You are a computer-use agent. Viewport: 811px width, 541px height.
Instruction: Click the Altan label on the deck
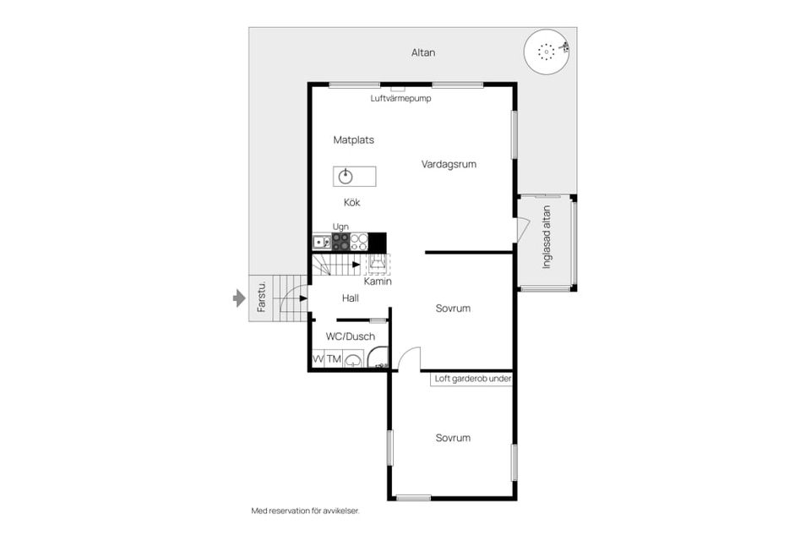pos(423,52)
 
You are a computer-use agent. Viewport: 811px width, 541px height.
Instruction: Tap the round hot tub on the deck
pos(547,52)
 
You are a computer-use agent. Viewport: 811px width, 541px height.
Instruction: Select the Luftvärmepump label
pos(400,98)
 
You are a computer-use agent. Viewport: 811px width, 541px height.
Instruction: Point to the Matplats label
pos(354,139)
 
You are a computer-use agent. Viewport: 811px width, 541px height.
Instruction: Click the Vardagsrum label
pos(449,165)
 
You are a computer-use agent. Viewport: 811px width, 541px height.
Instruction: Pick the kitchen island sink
pos(346,177)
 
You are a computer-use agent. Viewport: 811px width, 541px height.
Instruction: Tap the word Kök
pos(351,202)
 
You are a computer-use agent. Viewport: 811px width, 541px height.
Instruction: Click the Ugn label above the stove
pos(340,227)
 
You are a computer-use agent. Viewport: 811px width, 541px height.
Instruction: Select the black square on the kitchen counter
pos(377,243)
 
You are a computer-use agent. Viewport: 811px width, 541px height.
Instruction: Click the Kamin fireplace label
pos(378,281)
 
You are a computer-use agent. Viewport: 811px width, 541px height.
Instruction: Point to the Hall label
pos(350,298)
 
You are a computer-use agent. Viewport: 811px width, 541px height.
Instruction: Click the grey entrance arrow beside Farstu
pos(239,298)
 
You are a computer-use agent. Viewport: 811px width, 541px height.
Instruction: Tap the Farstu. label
pos(261,297)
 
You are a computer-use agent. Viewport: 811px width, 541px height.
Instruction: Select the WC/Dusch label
pos(351,336)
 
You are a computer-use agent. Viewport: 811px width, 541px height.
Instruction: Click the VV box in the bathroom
pos(318,358)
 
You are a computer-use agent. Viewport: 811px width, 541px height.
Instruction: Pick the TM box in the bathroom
pos(335,358)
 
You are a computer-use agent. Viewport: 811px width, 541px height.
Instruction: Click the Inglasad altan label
pos(547,238)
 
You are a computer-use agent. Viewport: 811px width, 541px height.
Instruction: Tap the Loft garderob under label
pos(473,379)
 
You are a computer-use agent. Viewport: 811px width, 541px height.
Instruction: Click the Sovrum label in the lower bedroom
pos(453,438)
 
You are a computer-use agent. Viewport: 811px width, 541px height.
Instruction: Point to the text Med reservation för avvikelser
pos(305,511)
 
